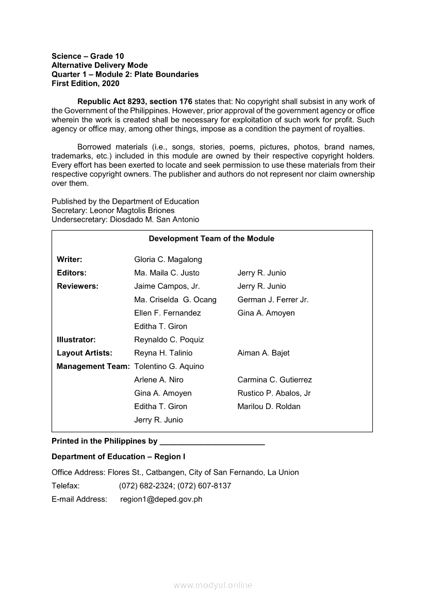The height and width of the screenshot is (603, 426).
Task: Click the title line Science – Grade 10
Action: tap(88, 56)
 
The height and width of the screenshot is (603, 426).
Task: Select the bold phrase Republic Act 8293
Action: tap(111, 102)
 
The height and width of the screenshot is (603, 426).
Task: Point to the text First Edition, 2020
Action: tap(85, 84)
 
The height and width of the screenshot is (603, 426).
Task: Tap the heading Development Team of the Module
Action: tap(211, 239)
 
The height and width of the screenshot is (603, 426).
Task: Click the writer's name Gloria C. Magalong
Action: tap(168, 259)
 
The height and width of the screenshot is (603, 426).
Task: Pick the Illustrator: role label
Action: tap(76, 340)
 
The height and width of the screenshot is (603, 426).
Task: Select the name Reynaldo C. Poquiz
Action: tap(169, 340)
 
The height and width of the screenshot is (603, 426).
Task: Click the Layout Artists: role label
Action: tap(85, 353)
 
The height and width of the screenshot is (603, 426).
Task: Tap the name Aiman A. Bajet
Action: tap(264, 353)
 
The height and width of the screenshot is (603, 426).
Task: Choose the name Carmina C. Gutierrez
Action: tap(274, 380)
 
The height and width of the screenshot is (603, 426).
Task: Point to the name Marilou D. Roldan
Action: tap(269, 406)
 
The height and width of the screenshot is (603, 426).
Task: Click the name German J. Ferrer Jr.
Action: tap(273, 300)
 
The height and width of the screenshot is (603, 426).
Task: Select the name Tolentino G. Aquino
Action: tap(169, 367)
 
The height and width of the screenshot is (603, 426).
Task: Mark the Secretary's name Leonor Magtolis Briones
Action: tap(132, 210)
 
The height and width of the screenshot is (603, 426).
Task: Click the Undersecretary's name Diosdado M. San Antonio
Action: tap(150, 220)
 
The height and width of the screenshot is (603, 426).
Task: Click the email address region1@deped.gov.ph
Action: tap(161, 499)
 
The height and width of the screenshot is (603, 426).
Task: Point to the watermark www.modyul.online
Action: tap(213, 585)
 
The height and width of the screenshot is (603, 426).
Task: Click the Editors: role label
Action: tap(72, 273)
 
